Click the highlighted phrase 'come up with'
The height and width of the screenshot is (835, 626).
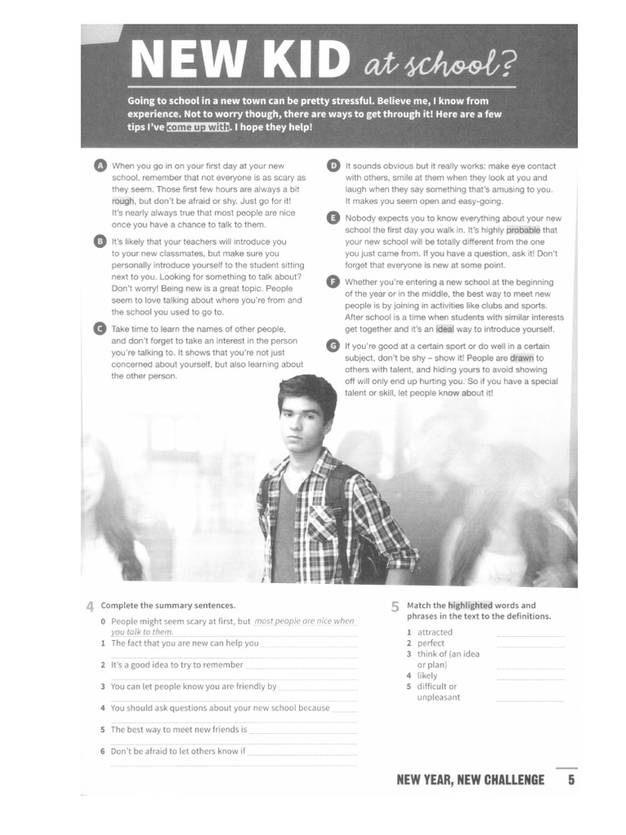pyautogui.click(x=199, y=127)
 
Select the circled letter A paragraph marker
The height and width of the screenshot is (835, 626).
pyautogui.click(x=100, y=166)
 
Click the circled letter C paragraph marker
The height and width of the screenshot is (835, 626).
pyautogui.click(x=100, y=329)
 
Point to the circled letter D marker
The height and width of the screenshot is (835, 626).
pyautogui.click(x=333, y=166)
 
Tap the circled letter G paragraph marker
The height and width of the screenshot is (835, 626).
pyautogui.click(x=333, y=346)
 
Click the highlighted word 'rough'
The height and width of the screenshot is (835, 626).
pyautogui.click(x=123, y=201)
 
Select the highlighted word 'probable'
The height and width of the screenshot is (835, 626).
pyautogui.click(x=522, y=230)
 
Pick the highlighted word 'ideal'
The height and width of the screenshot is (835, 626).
pyautogui.click(x=445, y=329)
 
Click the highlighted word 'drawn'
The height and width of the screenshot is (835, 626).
pyautogui.click(x=522, y=358)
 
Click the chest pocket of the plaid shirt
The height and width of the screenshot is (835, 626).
pyautogui.click(x=322, y=521)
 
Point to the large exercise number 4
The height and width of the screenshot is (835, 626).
pyautogui.click(x=90, y=606)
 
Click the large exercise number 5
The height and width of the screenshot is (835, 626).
pyautogui.click(x=395, y=607)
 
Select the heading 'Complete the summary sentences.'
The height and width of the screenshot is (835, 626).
pyautogui.click(x=168, y=605)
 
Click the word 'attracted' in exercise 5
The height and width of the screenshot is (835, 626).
pyautogui.click(x=434, y=632)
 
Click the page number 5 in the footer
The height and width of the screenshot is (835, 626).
pyautogui.click(x=571, y=780)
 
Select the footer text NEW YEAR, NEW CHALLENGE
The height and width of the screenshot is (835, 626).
pyautogui.click(x=470, y=780)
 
